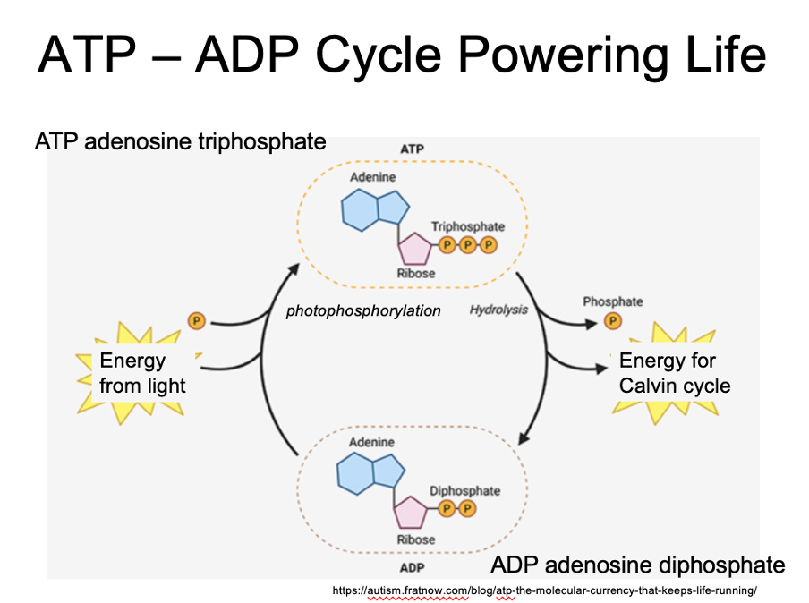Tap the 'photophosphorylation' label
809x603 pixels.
click(363, 311)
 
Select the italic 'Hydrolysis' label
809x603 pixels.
click(498, 310)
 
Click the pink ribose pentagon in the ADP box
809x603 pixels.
click(411, 513)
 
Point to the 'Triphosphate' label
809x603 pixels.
click(468, 227)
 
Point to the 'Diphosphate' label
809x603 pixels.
click(464, 491)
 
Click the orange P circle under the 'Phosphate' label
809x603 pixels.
click(613, 320)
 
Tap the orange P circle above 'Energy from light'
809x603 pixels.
click(196, 320)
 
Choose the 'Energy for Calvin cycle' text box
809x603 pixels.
click(674, 373)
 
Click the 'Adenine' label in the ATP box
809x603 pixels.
click(372, 178)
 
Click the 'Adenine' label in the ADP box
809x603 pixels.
click(371, 443)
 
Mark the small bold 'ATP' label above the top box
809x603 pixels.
click(413, 148)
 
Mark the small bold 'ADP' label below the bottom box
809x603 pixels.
click(412, 567)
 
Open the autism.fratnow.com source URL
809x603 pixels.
click(544, 590)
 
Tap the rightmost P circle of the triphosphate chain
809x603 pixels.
click(488, 244)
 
